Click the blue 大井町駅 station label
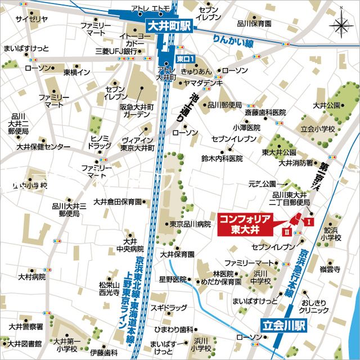(x=169, y=26)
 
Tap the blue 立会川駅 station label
(x=283, y=325)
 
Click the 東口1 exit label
(x=184, y=58)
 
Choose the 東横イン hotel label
(x=76, y=73)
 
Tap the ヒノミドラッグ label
(x=101, y=141)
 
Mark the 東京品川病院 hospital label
(x=190, y=224)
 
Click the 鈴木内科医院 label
(x=222, y=159)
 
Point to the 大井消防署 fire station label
(x=296, y=163)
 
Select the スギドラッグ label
(x=169, y=308)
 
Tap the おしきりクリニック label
(x=314, y=305)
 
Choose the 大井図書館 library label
(x=22, y=343)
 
